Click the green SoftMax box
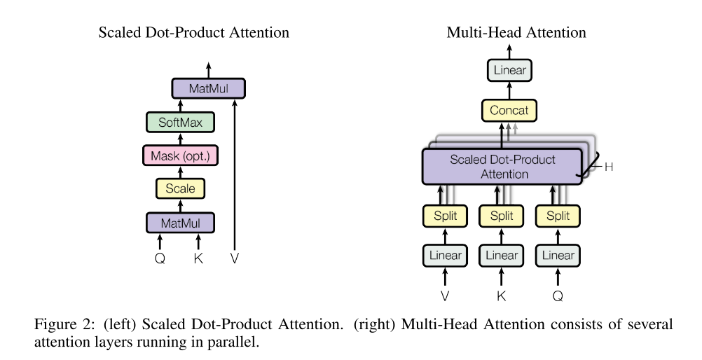tap(179, 123)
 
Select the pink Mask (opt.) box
tap(179, 155)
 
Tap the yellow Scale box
tap(179, 188)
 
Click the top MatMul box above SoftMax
tap(208, 88)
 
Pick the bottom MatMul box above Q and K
tap(179, 223)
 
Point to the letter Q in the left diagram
tap(160, 258)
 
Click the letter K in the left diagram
tap(198, 258)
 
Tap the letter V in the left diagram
tap(235, 258)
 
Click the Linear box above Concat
tap(509, 70)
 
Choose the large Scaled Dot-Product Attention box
tap(502, 166)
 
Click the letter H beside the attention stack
tap(609, 167)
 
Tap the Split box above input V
tap(445, 216)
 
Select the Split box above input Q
tap(558, 216)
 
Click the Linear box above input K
tap(501, 255)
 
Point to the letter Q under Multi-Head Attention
tap(558, 296)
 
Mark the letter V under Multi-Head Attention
tap(445, 296)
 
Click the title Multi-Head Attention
tap(516, 33)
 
